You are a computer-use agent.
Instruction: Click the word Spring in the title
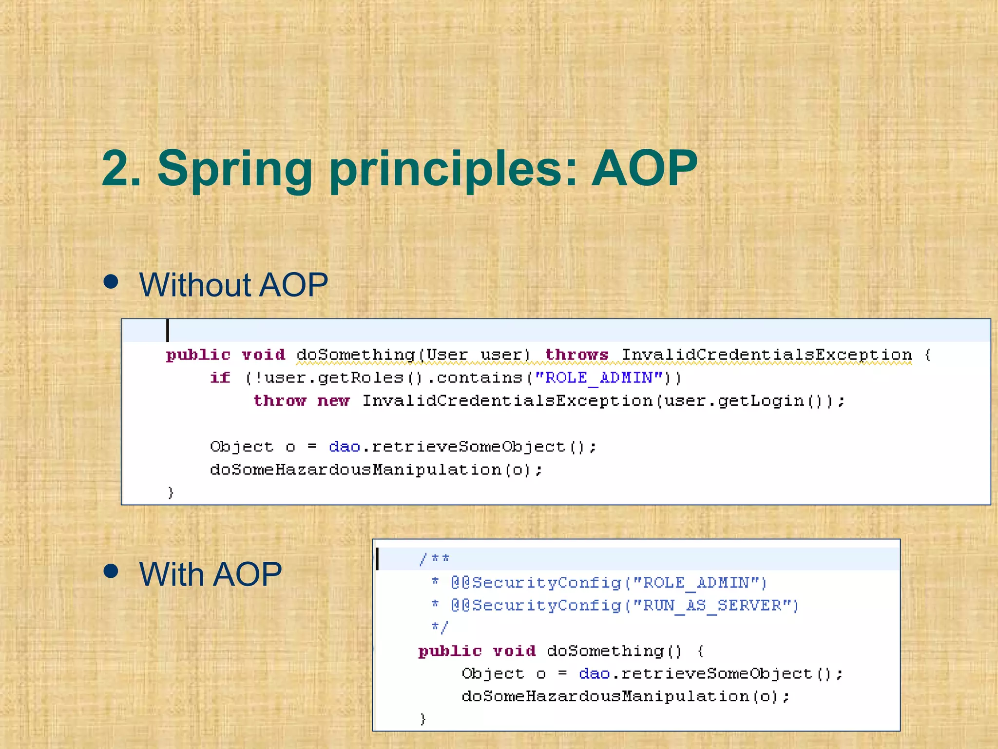click(x=234, y=169)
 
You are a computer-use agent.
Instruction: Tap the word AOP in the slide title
click(x=644, y=168)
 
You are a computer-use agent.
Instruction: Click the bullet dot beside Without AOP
click(x=111, y=282)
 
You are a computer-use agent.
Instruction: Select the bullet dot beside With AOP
click(x=111, y=571)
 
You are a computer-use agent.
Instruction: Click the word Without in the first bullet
click(x=194, y=285)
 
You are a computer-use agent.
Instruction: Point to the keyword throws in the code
click(x=576, y=355)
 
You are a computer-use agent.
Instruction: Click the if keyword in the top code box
click(x=220, y=378)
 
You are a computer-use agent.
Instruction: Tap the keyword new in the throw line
click(x=333, y=401)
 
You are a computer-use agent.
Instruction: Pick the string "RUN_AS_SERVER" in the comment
click(x=711, y=606)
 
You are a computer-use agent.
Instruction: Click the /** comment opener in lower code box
click(x=434, y=559)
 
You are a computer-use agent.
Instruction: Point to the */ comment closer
click(x=439, y=628)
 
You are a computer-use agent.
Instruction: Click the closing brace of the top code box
click(x=171, y=493)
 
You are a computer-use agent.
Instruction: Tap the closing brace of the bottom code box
click(x=423, y=719)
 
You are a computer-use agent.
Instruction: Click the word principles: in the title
click(x=454, y=169)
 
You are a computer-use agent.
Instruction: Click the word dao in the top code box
click(x=344, y=447)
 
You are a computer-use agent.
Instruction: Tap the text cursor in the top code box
click(x=168, y=331)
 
